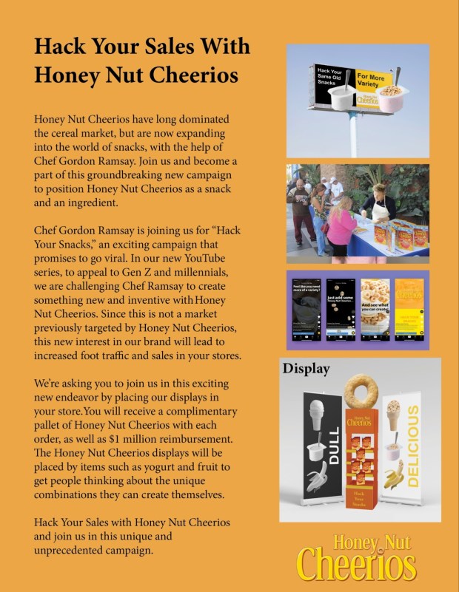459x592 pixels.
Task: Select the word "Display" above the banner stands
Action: point(306,369)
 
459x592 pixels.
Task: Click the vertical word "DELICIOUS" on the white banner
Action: point(412,446)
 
